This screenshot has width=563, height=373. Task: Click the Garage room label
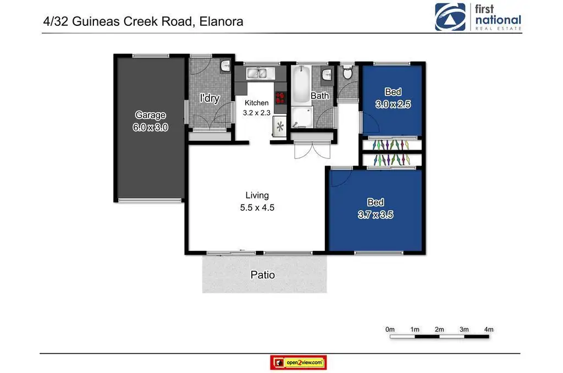pos(151,115)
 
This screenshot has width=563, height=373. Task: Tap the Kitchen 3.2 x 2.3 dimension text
pos(256,113)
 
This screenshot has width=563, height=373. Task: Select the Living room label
pos(257,195)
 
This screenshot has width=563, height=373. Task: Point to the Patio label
pos(263,275)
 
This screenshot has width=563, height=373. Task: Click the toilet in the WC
pos(347,73)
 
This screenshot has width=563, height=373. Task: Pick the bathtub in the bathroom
pos(301,84)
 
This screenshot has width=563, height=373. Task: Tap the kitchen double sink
pos(257,73)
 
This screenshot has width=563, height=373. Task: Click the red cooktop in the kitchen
pos(280,98)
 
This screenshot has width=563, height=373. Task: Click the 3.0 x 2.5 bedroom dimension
pos(393,104)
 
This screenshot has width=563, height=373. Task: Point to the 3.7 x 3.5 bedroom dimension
pos(376,215)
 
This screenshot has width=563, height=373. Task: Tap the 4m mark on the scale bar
pos(489,330)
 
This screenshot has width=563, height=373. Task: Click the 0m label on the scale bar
pos(390,330)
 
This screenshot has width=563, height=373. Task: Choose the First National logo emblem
pos(450,17)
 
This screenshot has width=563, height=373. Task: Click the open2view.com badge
pos(299,363)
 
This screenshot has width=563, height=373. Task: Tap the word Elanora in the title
pos(221,21)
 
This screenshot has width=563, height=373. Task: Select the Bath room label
pos(319,96)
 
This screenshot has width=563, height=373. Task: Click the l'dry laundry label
pos(209,98)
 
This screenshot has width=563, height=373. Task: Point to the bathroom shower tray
pos(302,117)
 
